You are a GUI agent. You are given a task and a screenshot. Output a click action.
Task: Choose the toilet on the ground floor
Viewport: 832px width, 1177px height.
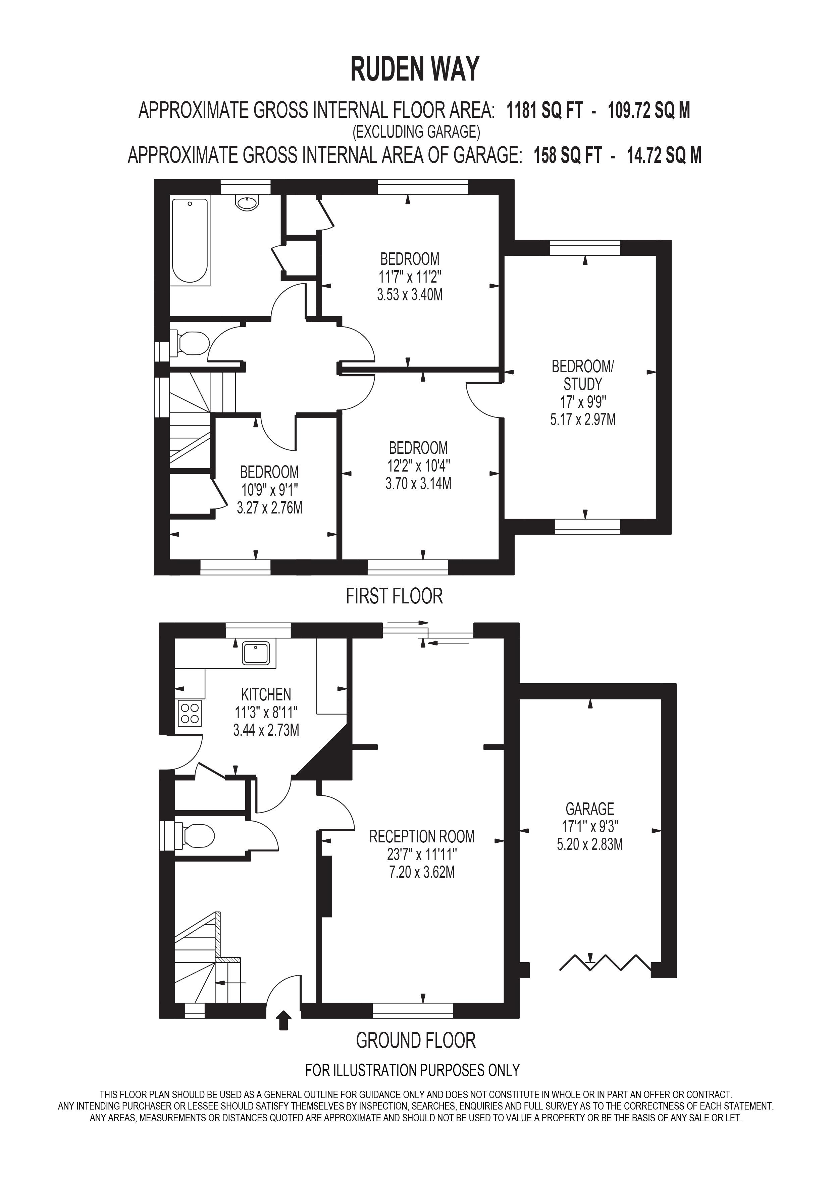pyautogui.click(x=194, y=836)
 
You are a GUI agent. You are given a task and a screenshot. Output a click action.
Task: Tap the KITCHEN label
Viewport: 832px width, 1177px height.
pyautogui.click(x=266, y=695)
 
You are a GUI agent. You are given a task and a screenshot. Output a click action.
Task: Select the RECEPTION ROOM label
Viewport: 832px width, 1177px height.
pyautogui.click(x=422, y=837)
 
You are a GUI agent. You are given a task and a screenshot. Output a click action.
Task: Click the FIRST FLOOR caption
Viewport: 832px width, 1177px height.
pyautogui.click(x=394, y=596)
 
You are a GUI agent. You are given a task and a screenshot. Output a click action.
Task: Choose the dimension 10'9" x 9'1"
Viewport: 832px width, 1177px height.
pyautogui.click(x=269, y=490)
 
